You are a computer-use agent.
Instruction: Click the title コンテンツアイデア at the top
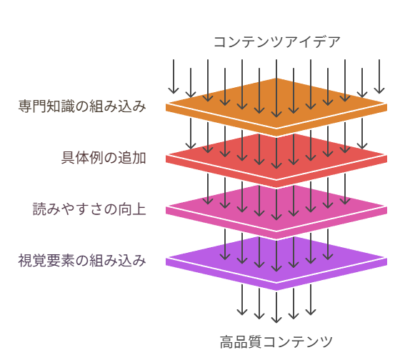click(277, 42)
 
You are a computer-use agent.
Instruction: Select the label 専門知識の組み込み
click(82, 106)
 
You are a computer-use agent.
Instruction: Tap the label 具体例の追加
click(104, 158)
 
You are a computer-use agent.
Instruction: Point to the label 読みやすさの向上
click(89, 209)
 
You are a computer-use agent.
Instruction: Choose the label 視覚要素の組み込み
click(82, 261)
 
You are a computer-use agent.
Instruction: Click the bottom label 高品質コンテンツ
click(276, 342)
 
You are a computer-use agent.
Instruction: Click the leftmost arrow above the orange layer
click(174, 76)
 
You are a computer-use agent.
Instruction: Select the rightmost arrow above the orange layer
click(379, 76)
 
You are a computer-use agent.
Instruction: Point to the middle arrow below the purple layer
click(276, 307)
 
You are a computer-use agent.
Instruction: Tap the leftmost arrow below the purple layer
click(242, 299)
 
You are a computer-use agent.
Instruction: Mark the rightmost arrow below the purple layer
click(311, 299)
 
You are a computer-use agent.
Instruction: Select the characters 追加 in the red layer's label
click(132, 158)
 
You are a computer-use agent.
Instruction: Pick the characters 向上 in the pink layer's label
click(132, 209)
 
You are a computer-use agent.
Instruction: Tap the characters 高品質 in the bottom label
click(241, 342)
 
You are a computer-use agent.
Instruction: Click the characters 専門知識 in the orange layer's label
click(46, 106)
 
